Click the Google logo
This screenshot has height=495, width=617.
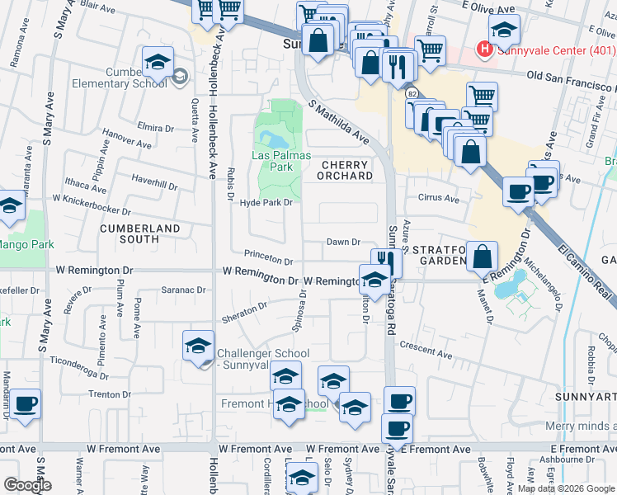tap(27, 485)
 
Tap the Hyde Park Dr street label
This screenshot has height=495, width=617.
tap(266, 203)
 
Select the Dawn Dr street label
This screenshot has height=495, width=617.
tap(344, 242)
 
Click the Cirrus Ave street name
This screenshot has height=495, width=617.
tap(439, 199)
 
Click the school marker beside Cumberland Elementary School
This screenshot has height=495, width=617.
tap(157, 63)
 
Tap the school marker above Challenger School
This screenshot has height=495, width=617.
tap(198, 345)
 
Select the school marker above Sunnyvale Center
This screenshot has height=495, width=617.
tap(504, 31)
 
